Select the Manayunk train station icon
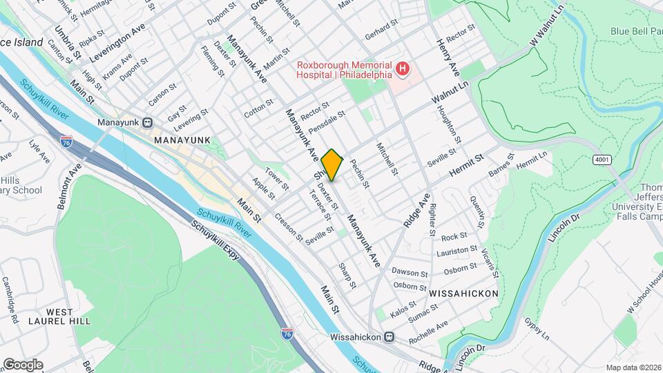[147, 122]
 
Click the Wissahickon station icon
[389, 337]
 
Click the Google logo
[22, 364]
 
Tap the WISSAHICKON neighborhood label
[463, 294]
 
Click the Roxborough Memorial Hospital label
[343, 70]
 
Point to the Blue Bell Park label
[635, 31]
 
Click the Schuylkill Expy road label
[215, 241]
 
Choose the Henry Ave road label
[447, 56]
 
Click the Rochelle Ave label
[429, 328]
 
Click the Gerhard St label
[382, 28]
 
